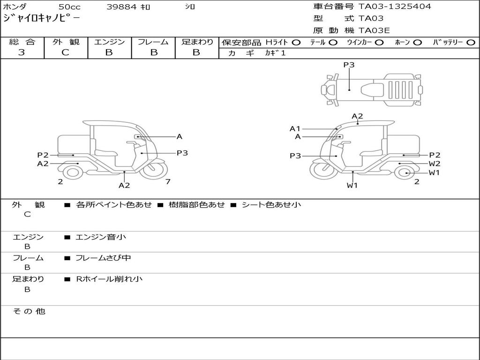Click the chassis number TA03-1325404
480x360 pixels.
coord(395,7)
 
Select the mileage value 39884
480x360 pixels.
coord(121,7)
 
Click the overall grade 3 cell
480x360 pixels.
coord(22,52)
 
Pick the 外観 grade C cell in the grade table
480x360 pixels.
coord(66,52)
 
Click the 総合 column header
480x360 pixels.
coord(22,42)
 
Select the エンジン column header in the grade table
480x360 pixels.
coord(109,42)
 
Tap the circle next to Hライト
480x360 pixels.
coord(296,42)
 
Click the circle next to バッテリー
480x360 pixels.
coord(471,42)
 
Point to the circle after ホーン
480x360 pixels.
coord(418,42)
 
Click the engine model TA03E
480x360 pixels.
coord(374,31)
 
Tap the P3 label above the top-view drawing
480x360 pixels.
coord(349,65)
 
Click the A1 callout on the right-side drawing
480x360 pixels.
coord(295,128)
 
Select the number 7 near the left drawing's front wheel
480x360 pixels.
coord(168,182)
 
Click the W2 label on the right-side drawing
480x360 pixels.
coord(435,164)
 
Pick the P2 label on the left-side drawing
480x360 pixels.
coord(43,155)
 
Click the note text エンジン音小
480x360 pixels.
coord(101,237)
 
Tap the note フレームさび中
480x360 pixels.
coord(103,258)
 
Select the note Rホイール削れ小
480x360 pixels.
coord(109,279)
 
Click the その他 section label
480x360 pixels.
coord(29,311)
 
